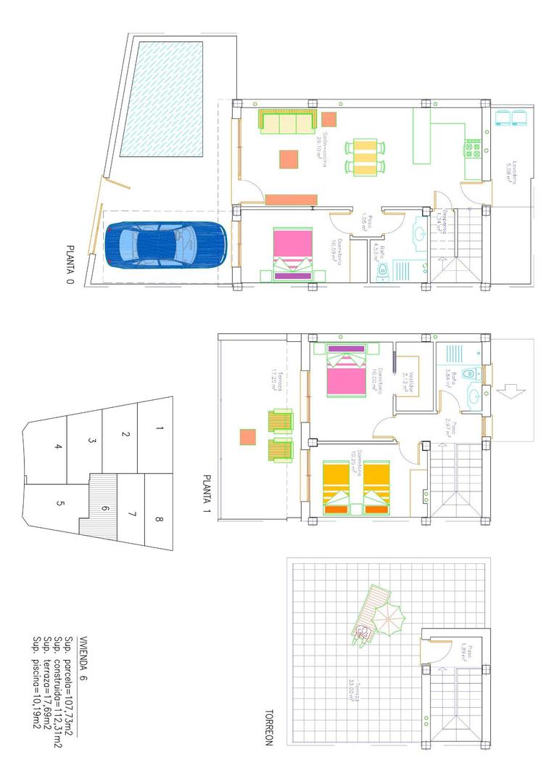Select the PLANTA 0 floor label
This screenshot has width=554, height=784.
70,265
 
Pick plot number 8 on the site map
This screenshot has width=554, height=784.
159,519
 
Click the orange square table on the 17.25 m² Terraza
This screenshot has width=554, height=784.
247,437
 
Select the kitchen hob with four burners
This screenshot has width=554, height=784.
473,150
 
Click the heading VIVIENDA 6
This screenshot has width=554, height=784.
83,657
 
